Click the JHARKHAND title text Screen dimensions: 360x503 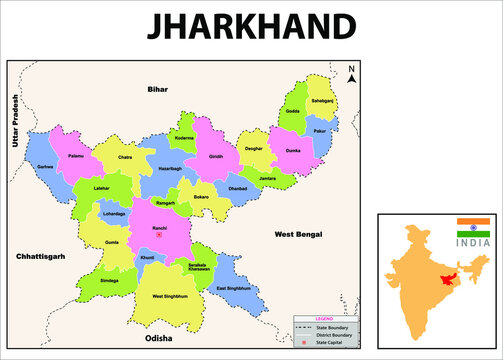coord(251,27)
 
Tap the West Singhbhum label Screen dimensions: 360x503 coord(171,296)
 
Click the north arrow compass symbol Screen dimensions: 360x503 coord(350,74)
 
